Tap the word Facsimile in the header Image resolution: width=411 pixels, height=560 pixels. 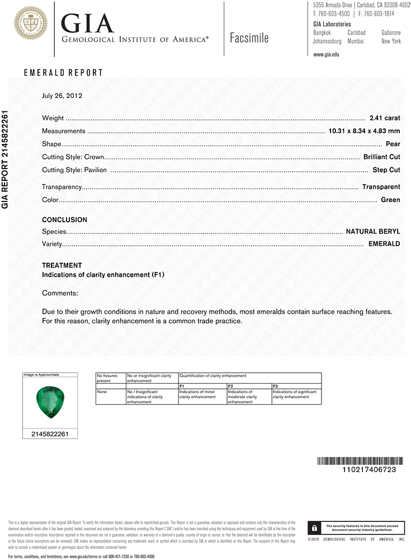coord(249,38)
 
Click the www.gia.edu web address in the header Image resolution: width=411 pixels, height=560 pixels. coord(326,54)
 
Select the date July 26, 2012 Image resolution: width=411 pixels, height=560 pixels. coord(62,96)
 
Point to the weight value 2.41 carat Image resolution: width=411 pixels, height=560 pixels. coord(385,119)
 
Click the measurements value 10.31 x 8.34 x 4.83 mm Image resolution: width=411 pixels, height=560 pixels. coord(363,132)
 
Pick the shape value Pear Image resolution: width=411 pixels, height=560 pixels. coord(393,144)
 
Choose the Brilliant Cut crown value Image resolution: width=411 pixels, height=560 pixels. coord(381,157)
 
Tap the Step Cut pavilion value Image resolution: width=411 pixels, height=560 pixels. coord(386,170)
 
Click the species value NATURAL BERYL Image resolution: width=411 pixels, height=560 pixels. coord(373,231)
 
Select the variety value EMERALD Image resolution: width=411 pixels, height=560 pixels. coord(384,244)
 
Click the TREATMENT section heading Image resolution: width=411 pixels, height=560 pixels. coord(62,265)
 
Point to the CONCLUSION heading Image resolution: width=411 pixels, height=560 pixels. coord(64,220)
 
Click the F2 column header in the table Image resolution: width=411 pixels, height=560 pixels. coord(230,386)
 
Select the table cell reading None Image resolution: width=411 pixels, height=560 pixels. coord(102,392)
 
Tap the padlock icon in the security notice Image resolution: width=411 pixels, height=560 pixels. coord(314,528)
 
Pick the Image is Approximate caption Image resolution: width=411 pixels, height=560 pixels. coord(41,375)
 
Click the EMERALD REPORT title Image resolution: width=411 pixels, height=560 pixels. coord(63,73)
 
